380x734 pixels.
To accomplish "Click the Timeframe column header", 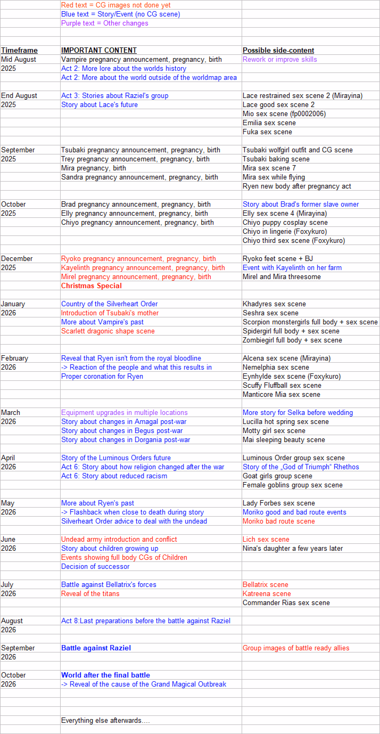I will pyautogui.click(x=19, y=50).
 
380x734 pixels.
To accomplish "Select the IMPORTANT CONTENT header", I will pyautogui.click(x=99, y=50).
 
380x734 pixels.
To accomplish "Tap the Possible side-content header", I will pyautogui.click(x=278, y=50).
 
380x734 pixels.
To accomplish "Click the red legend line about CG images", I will pyautogui.click(x=115, y=5).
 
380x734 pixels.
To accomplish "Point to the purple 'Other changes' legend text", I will pyautogui.click(x=105, y=23).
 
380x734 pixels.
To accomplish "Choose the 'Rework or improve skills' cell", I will pyautogui.click(x=279, y=60).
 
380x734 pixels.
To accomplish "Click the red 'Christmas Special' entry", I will pyautogui.click(x=91, y=286).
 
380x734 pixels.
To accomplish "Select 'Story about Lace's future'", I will pyautogui.click(x=99, y=105).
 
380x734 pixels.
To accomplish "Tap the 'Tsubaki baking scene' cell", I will pyautogui.click(x=276, y=159).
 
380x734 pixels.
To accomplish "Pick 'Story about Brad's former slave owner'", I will pyautogui.click(x=300, y=204).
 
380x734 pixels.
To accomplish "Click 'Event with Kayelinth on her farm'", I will pyautogui.click(x=292, y=268).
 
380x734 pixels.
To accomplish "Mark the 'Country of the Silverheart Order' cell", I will pyautogui.click(x=109, y=304).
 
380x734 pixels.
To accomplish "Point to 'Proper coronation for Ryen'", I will pyautogui.click(x=102, y=376).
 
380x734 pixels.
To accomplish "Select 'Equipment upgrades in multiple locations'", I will pyautogui.click(x=124, y=413).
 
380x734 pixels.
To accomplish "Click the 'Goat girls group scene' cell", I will pyautogui.click(x=277, y=476).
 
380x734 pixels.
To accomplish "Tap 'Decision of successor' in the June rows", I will pyautogui.click(x=95, y=567).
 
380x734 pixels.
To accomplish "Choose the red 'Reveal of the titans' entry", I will pyautogui.click(x=90, y=594).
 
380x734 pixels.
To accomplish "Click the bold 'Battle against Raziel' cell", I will pyautogui.click(x=96, y=648).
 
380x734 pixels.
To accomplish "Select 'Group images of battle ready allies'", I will pyautogui.click(x=296, y=648).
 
